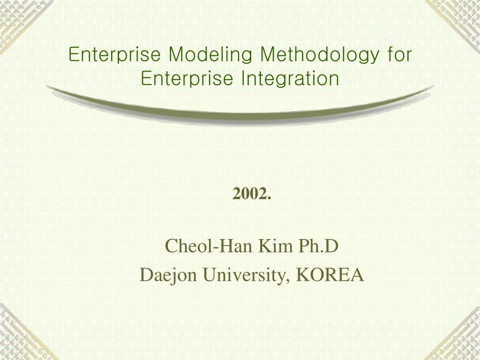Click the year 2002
point(252,194)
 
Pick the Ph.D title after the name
point(318,246)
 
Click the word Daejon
point(168,275)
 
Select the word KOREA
point(330,275)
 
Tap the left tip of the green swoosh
point(47,87)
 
